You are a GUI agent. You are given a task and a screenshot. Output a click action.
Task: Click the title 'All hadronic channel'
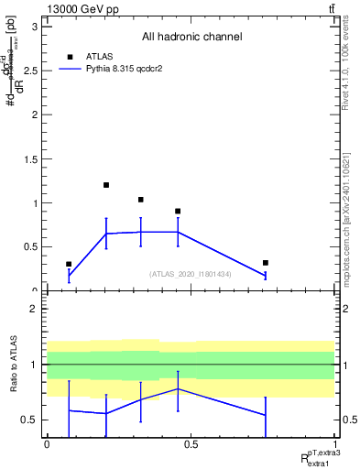191,38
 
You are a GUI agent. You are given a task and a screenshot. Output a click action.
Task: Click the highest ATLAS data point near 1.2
106,185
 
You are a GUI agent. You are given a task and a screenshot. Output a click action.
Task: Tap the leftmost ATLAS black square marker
69,264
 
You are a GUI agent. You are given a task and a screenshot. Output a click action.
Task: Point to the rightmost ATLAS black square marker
265,263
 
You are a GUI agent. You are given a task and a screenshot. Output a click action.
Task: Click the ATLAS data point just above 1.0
140,200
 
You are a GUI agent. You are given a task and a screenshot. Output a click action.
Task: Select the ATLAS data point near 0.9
178,212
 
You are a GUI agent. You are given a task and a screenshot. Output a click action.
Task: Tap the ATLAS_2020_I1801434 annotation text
191,274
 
